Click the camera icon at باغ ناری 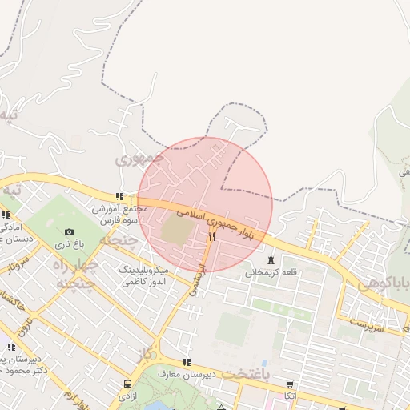69,232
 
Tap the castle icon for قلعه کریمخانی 271,259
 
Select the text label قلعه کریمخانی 271,272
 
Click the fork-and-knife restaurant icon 211,236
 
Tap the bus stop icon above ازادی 128,384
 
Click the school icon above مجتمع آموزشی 119,196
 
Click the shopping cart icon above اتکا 288,384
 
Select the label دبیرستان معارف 187,375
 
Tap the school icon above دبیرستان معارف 187,362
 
